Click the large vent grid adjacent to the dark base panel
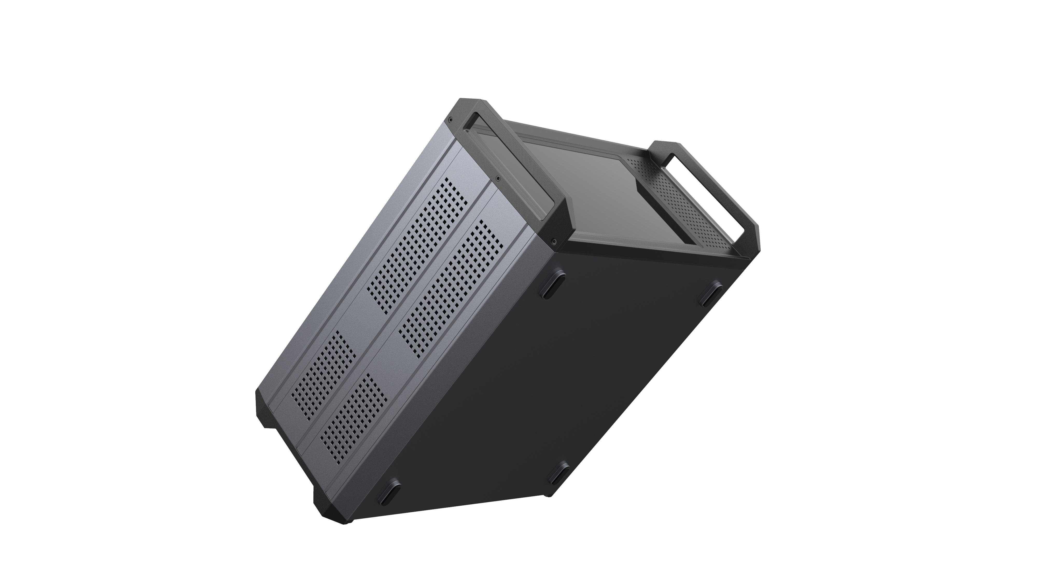coord(451,290)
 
